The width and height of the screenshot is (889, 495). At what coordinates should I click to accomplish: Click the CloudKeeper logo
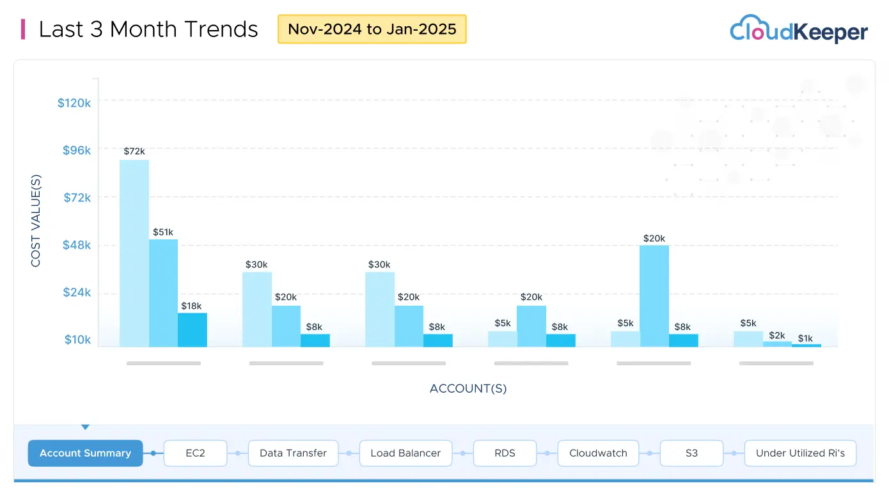click(x=799, y=30)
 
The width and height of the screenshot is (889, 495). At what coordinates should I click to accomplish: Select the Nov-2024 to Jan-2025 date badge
click(x=372, y=29)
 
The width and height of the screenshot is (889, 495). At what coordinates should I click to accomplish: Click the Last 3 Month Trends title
click(x=148, y=29)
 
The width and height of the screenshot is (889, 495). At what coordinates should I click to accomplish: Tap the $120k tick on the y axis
click(x=74, y=102)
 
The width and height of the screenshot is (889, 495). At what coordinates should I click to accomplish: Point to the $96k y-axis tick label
click(x=77, y=150)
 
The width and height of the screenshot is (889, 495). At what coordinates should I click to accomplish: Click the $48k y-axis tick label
click(x=77, y=245)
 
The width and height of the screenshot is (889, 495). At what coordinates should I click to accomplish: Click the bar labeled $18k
click(x=193, y=330)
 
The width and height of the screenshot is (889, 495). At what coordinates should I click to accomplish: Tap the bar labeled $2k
click(x=777, y=344)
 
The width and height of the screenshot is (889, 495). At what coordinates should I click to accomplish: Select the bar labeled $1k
click(x=806, y=345)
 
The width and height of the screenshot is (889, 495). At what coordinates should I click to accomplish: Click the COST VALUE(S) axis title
click(x=36, y=221)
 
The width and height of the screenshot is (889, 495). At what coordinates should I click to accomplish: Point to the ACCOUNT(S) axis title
click(x=468, y=389)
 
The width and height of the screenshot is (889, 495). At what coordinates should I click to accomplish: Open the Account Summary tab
click(x=85, y=453)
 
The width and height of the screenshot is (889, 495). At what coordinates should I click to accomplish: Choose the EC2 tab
click(x=195, y=453)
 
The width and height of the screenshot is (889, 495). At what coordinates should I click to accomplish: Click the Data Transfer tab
click(x=293, y=453)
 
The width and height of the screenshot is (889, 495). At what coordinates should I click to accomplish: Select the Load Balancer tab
click(x=405, y=453)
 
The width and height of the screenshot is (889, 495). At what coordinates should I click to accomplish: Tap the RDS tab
click(x=505, y=453)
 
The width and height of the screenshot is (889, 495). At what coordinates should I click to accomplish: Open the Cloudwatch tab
click(x=598, y=453)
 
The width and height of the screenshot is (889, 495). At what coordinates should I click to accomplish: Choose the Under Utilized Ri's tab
click(x=800, y=453)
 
